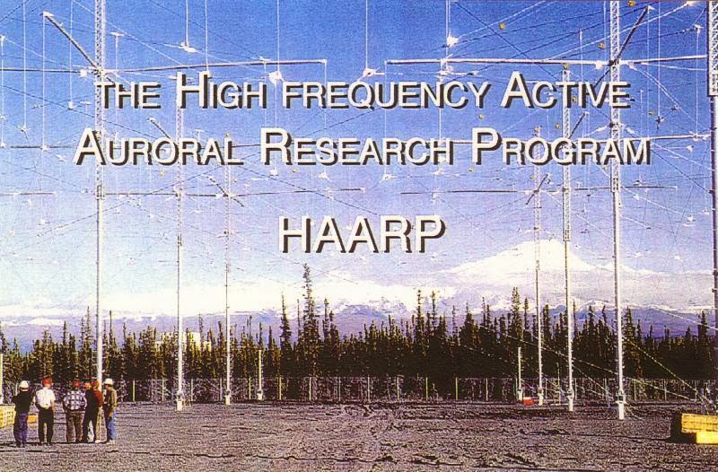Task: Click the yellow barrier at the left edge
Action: click(6, 415)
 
